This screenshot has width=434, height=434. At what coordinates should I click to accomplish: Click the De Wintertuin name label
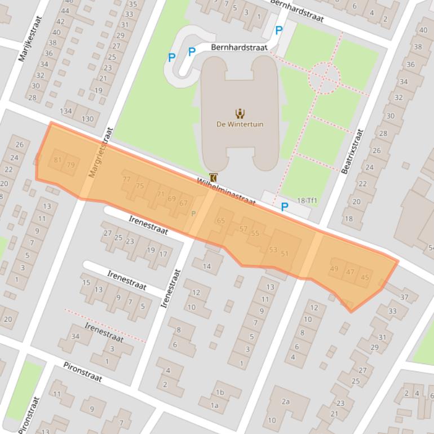pos(240,124)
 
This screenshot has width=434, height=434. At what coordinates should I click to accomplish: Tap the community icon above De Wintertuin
pos(240,113)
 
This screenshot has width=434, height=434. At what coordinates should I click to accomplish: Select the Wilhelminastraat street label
pos(226,192)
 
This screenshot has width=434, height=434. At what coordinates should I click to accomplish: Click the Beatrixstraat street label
pos(353,151)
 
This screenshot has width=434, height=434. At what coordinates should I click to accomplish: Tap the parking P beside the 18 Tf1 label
pos(285,207)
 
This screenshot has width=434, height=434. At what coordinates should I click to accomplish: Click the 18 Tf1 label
pos(307,201)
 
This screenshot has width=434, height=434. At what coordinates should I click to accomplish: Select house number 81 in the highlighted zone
pos(57,160)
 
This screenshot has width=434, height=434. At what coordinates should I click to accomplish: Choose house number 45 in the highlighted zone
pos(365,277)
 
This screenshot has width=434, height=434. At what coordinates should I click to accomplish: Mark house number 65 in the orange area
pos(221,220)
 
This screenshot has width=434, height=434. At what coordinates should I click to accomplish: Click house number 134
pos(67,111)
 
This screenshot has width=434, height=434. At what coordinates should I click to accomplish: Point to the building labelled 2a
pos(286,401)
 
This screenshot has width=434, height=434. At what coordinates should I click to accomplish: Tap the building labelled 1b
pos(220,393)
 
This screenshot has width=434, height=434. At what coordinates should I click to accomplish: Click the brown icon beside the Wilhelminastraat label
pos(213,177)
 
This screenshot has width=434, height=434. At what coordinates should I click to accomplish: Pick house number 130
pos(87,119)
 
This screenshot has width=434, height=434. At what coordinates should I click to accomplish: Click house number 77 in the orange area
pos(126,179)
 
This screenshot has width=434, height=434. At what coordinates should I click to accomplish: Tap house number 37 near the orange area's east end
pos(404,297)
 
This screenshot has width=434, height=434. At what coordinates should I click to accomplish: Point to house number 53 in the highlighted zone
pos(273,250)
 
